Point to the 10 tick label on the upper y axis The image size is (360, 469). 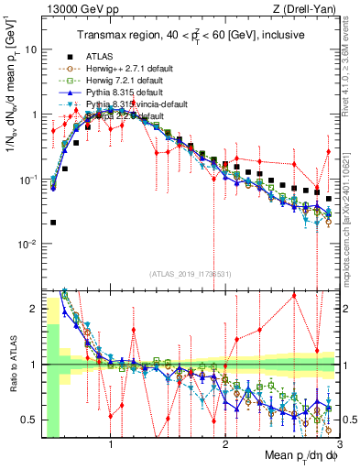29,49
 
